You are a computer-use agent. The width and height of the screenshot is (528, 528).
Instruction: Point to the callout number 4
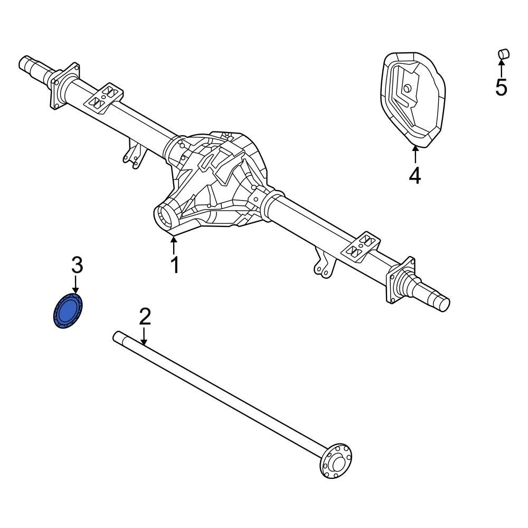pos(415,175)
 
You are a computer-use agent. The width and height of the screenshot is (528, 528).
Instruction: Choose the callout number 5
pos(501,87)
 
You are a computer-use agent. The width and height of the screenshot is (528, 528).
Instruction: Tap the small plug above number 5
pos(503,53)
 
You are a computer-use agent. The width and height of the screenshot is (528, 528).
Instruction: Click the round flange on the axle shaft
pos(337,461)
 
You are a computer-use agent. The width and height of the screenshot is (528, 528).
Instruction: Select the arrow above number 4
pos(415,154)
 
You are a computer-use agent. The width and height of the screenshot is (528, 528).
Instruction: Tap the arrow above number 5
pos(501,68)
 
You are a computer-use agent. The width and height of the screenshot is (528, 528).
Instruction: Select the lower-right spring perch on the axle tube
pos(362,246)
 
